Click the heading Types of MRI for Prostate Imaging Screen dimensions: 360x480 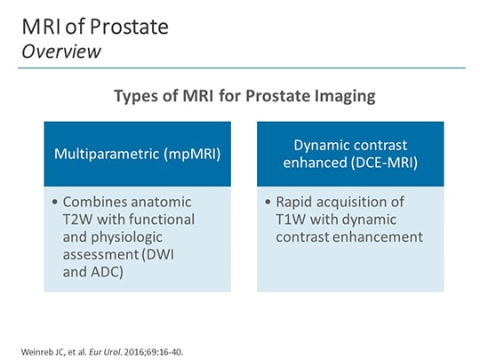click(239, 95)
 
